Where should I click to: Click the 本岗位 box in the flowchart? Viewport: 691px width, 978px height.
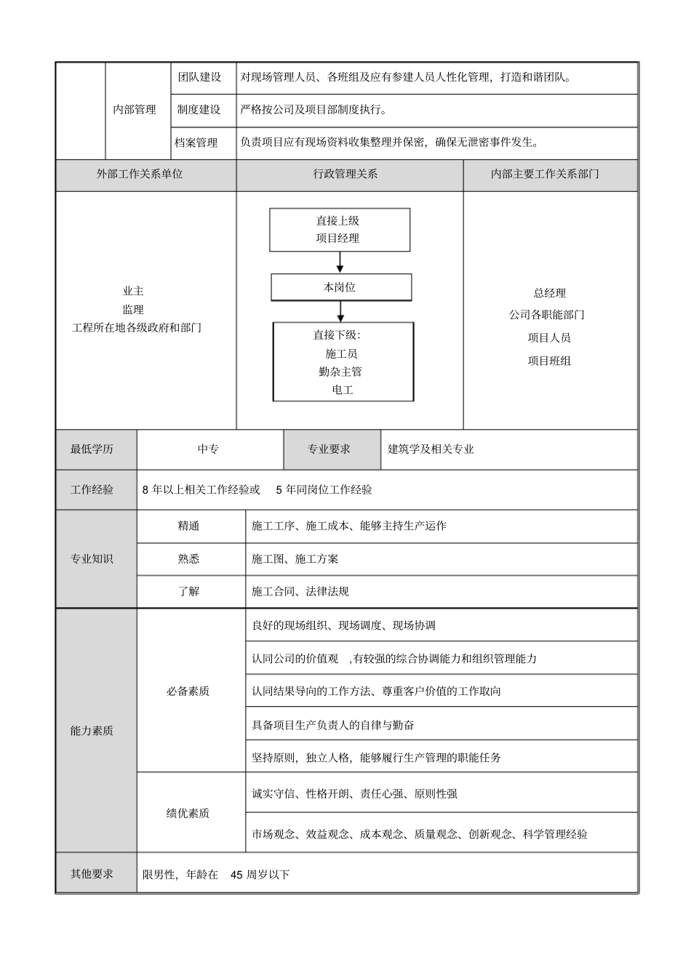point(340,287)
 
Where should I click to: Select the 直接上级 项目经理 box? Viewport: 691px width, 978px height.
point(339,230)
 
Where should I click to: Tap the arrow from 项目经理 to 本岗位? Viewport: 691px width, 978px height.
point(340,262)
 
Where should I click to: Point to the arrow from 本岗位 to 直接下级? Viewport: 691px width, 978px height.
point(340,311)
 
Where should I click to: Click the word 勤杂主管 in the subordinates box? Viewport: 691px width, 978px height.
point(340,372)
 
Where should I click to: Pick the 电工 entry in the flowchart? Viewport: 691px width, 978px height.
point(342,390)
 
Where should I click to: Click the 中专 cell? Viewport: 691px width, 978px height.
point(208,449)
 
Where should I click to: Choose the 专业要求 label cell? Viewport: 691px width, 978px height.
point(329,449)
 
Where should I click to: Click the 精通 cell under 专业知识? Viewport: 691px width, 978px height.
point(188,526)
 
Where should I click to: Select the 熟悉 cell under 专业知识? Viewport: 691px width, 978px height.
point(188,559)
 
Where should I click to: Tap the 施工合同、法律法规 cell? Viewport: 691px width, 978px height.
point(300,592)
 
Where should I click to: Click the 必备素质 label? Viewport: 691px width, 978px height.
point(188,692)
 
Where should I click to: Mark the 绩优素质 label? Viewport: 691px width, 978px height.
point(188,813)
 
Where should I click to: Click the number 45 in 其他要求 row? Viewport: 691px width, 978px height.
point(236,875)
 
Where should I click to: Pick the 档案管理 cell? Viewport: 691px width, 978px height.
point(196,143)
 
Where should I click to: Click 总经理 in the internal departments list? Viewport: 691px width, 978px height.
point(549,293)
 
